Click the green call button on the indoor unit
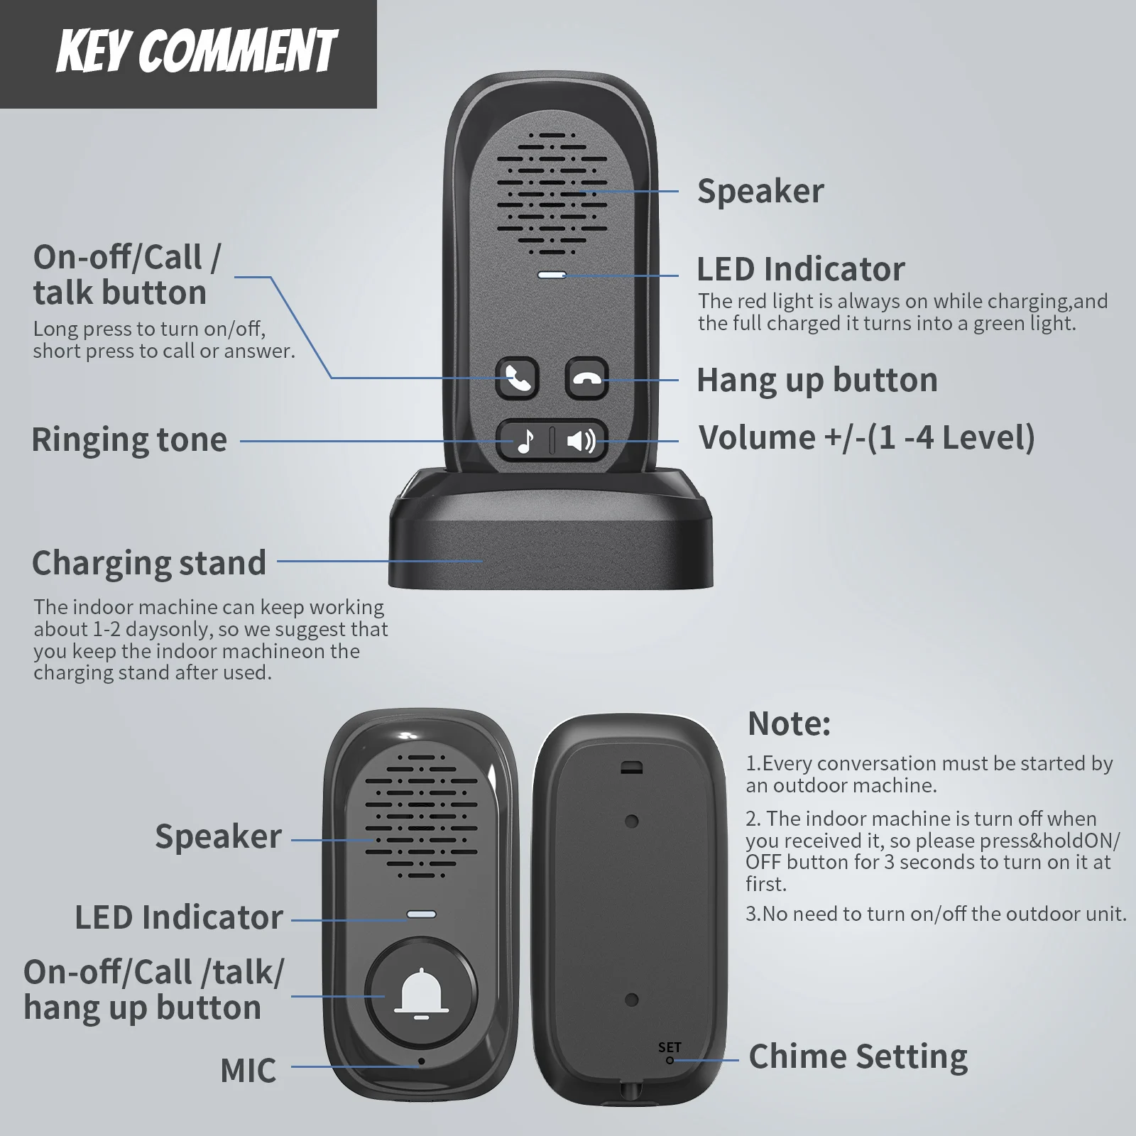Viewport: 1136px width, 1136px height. [x=518, y=378]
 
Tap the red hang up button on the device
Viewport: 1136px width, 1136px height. [x=586, y=378]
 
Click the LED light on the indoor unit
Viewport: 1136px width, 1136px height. [x=552, y=275]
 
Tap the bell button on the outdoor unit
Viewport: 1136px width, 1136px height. [x=421, y=991]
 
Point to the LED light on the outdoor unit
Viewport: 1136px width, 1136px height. [x=421, y=914]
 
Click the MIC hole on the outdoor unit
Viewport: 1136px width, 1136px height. [x=422, y=1061]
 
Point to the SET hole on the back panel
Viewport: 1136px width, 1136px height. [x=670, y=1061]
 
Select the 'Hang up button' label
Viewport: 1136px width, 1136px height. [x=817, y=380]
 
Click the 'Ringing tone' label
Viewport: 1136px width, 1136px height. [x=129, y=439]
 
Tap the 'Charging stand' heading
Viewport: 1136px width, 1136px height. [x=149, y=563]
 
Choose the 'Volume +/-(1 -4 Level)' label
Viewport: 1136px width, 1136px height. [x=866, y=437]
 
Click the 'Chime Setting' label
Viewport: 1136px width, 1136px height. [x=858, y=1056]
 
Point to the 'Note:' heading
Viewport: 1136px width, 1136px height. [x=789, y=723]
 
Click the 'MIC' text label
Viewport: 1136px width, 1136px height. [x=248, y=1071]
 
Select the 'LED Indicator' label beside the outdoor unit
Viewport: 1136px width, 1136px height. [x=179, y=917]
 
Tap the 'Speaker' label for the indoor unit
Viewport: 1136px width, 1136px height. [x=760, y=191]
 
